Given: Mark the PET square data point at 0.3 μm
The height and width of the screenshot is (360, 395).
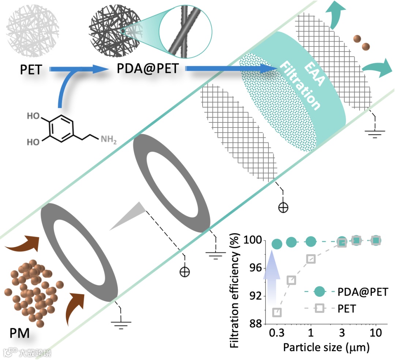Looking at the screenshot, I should click(x=277, y=312).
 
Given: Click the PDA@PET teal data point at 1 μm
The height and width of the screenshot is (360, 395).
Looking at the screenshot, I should click(x=311, y=241).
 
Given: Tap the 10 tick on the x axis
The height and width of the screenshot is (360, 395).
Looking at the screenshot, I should click(x=376, y=333).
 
